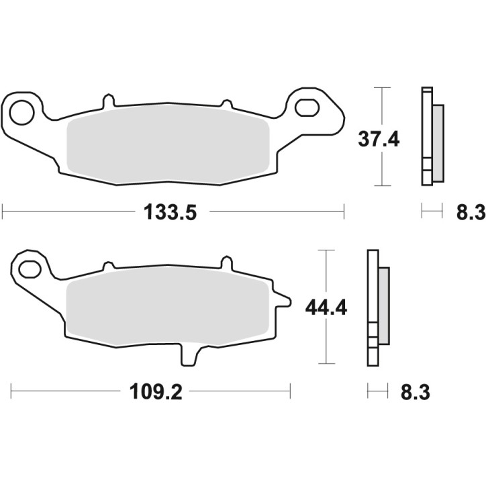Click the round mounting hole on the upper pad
[x=21, y=110]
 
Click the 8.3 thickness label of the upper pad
[x=470, y=213]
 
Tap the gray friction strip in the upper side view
[x=437, y=143]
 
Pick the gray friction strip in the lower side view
[x=383, y=305]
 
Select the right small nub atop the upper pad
[x=226, y=104]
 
